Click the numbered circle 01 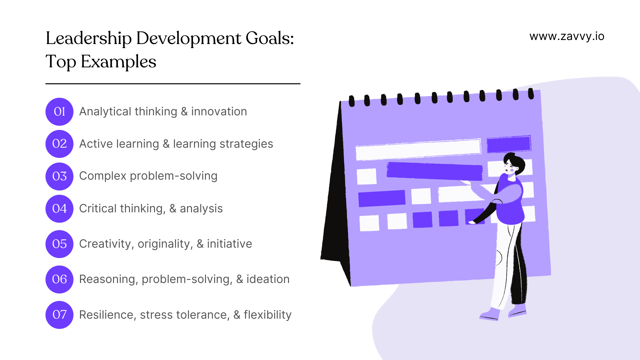(59, 112)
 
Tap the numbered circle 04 (59, 209)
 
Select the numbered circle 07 (59, 315)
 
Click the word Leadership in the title (89, 38)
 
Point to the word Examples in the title (118, 62)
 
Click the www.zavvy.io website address (567, 36)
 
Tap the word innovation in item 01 (219, 112)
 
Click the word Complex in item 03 (103, 176)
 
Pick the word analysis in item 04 (201, 209)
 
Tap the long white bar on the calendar (418, 149)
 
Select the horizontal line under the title (173, 84)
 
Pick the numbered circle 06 (59, 279)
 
